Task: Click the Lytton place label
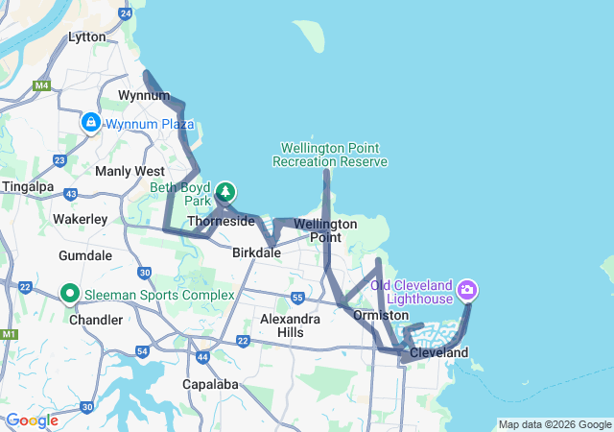tap(87, 36)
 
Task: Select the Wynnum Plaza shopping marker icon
tap(90, 123)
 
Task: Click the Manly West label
tap(130, 171)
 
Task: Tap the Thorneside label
tap(221, 221)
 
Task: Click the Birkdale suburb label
tap(256, 252)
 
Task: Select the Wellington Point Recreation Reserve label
tap(330, 155)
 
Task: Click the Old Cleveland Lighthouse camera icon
tap(467, 288)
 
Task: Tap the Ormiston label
tap(381, 315)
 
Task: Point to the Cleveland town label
tap(438, 352)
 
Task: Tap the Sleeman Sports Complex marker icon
tap(70, 293)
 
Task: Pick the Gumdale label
tap(85, 256)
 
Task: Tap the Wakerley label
tap(80, 219)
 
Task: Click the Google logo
tap(32, 420)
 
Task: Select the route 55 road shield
tap(298, 298)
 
